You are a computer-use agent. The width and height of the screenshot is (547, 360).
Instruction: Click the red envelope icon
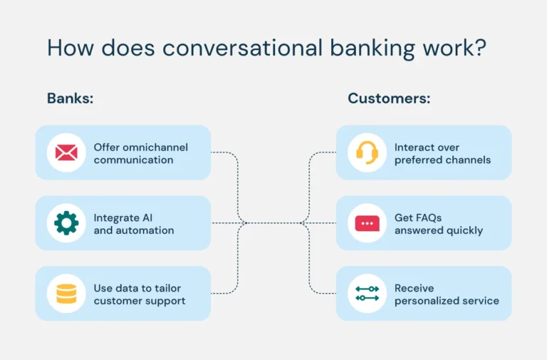(66, 153)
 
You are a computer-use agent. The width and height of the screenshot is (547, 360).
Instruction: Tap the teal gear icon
(66, 223)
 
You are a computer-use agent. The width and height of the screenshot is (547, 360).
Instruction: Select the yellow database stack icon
(66, 294)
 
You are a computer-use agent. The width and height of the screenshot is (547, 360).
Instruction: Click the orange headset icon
(367, 153)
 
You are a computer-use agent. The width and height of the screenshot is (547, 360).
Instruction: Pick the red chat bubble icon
(367, 223)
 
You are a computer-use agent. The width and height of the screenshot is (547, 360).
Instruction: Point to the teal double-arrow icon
(367, 294)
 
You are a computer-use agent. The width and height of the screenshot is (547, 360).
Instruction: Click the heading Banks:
(70, 98)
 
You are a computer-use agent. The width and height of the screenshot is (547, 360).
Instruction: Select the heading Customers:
(389, 98)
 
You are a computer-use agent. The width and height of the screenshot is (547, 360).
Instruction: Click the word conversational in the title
(242, 48)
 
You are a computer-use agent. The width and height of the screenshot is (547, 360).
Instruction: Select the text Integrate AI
(123, 217)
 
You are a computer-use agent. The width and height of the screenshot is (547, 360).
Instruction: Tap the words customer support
(140, 301)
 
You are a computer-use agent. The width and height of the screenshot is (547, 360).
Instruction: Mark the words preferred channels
(442, 160)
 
